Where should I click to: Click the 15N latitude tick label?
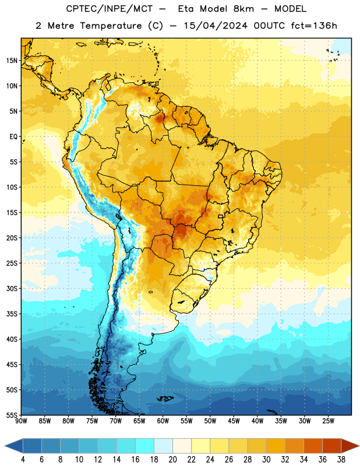coord(12,61)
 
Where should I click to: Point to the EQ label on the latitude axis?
coord(13,137)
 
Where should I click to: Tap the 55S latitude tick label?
coord(12,415)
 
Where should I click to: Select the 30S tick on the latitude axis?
coord(12,288)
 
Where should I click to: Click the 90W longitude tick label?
coord(21,421)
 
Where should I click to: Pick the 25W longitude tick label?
coord(328,421)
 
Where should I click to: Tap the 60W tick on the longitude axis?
coord(163,421)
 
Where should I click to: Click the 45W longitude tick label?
coord(234,421)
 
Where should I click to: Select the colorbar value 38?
coord(341,460)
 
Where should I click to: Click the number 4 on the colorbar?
coord(23,460)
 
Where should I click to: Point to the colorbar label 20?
coord(172,460)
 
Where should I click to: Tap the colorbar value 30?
coord(266,460)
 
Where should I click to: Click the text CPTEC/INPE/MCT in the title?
coord(110,9)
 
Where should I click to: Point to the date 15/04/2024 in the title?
coord(216,26)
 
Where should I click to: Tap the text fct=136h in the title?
coord(314,26)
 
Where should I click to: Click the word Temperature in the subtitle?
coord(111,26)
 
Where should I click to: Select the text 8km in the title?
coord(243,9)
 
